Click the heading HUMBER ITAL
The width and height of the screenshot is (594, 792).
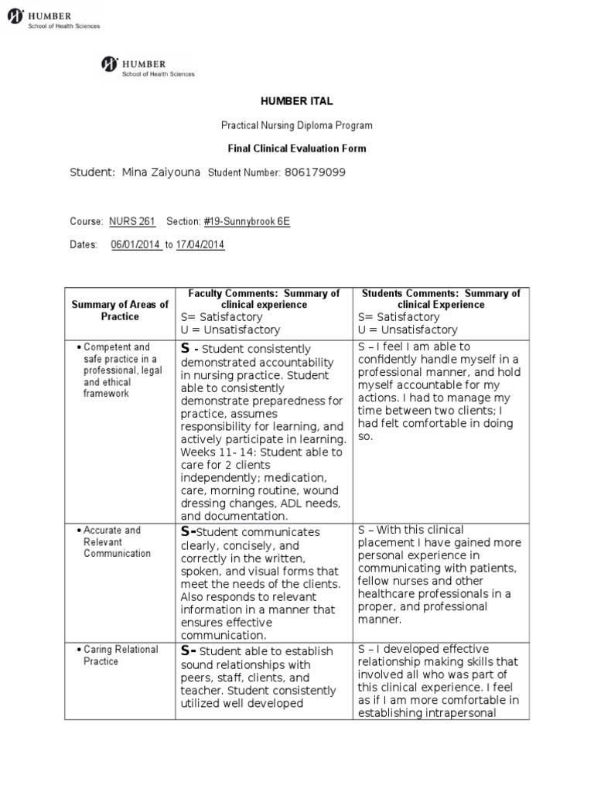[x=296, y=101]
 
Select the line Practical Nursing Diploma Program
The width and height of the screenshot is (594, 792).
[x=296, y=125]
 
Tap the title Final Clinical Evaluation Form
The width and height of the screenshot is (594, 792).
[x=296, y=148]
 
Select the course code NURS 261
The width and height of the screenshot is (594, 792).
[x=132, y=221]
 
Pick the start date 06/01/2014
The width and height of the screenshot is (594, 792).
[x=136, y=244]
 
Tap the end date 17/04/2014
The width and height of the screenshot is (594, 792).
[x=200, y=244]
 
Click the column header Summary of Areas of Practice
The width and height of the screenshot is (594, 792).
[x=120, y=310]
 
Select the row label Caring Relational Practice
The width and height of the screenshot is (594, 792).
[x=121, y=655]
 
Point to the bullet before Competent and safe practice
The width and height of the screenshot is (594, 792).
[x=79, y=347]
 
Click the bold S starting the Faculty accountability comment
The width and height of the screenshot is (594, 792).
[x=185, y=348]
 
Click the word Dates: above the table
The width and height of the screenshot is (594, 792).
[x=84, y=244]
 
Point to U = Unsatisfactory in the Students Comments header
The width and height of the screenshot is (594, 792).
[x=408, y=329]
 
